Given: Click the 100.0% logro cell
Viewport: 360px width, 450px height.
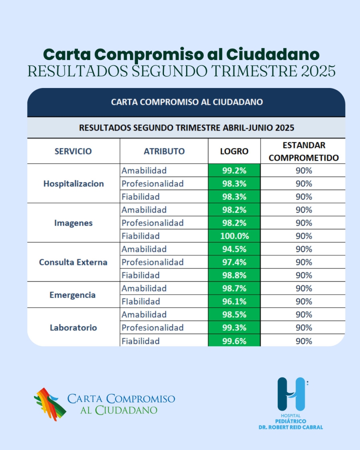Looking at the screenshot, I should coord(234,236).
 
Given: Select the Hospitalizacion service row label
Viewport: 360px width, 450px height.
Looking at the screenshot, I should coord(74,184).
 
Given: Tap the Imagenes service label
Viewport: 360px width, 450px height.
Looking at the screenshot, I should coord(74,223).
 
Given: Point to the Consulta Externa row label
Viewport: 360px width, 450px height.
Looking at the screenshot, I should coord(73,262).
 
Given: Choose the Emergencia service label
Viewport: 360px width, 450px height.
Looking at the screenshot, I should coord(72,295).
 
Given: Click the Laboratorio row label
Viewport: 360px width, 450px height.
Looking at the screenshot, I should coord(73,328).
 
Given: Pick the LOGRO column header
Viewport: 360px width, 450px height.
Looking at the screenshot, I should coord(234,151).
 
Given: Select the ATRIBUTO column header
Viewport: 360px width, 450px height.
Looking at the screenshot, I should coord(164,151).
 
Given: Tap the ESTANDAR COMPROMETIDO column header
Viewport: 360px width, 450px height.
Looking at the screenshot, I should coord(303,151).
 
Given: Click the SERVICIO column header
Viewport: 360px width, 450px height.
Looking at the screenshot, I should coord(73,151).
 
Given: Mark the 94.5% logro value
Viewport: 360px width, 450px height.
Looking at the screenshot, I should coord(234,249).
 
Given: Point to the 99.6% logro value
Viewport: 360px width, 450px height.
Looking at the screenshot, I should coord(234,341).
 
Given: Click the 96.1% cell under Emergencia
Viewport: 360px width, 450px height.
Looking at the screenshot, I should coord(234,302).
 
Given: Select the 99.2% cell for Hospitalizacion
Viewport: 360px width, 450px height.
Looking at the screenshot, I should coord(234,171).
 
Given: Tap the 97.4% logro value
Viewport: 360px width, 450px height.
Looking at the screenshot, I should coord(234,262).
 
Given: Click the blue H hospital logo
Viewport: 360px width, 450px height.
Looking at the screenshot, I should coord(292,394).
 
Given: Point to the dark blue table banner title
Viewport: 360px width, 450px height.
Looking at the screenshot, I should coord(187,102).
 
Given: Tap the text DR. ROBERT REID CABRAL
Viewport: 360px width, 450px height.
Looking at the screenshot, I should coord(291,427).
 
